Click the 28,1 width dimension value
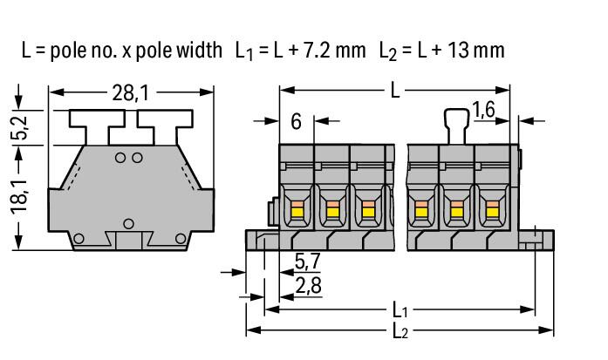point(130,93)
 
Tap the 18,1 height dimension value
point(19,196)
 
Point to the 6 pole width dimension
point(296,122)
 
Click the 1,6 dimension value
point(483,110)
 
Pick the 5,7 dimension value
point(308,262)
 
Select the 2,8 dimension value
point(308,286)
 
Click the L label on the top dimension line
point(395,91)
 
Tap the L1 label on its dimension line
point(400,310)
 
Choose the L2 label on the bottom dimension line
point(400,331)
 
